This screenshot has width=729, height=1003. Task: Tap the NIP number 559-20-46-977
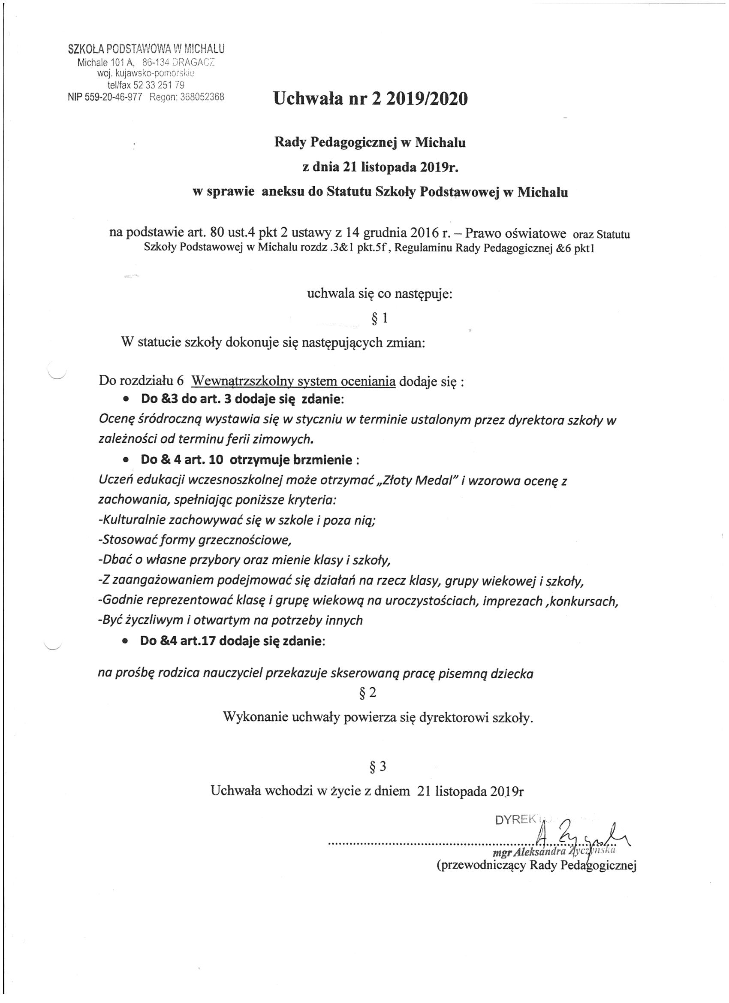[105, 97]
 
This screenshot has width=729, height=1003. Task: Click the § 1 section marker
[380, 318]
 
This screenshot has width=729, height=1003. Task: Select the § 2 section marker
[368, 692]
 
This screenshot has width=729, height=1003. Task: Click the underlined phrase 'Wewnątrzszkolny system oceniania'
[294, 381]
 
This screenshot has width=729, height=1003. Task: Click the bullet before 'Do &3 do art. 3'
[127, 399]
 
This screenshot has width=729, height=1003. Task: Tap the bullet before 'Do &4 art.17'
[126, 641]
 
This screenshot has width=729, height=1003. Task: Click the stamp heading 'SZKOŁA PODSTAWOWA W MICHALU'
[146, 49]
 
